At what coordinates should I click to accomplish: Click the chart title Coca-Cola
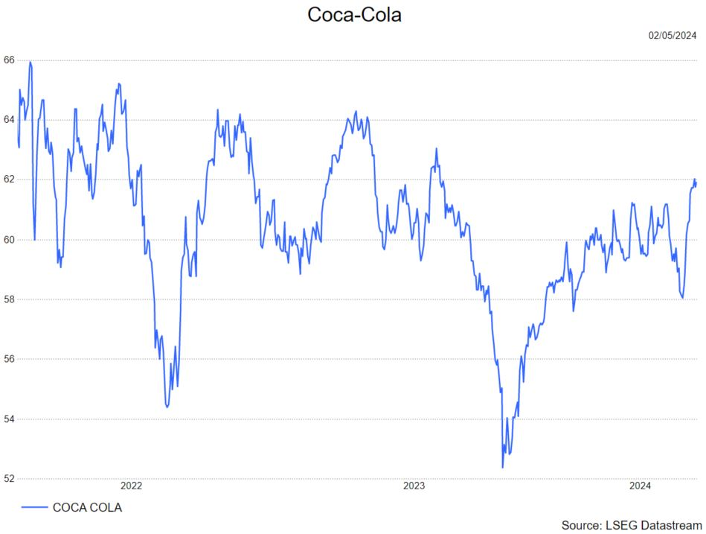tap(354, 14)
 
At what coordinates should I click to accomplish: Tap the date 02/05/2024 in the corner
tap(673, 36)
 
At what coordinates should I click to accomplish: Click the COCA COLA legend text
tap(87, 508)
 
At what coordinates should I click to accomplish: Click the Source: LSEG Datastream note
tap(632, 525)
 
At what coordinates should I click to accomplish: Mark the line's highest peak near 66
tap(30, 62)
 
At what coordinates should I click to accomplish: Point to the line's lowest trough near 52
tap(503, 468)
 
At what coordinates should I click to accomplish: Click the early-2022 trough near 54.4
tap(167, 407)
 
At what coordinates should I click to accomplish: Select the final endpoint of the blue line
tap(696, 183)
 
